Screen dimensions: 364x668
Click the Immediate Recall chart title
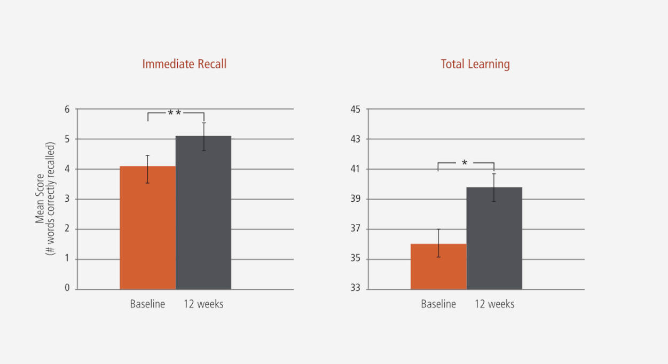coord(184,64)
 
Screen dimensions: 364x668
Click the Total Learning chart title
coord(475,64)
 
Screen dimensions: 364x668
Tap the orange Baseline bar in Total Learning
coord(438,266)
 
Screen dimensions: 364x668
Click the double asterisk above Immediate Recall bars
coord(175,113)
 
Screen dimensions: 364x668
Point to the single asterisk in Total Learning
coord(465,163)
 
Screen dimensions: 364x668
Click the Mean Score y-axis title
coord(45,199)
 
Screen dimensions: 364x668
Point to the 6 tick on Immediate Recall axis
coord(67,109)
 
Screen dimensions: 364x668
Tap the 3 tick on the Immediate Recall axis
coord(67,199)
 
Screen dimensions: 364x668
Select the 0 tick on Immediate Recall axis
coord(67,289)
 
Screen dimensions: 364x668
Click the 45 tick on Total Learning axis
coord(356,109)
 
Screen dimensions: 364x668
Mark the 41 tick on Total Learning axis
coord(356,169)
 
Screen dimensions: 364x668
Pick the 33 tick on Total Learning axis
coord(356,289)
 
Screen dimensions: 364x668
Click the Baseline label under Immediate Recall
coord(147,304)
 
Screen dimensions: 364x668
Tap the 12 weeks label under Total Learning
coord(494,304)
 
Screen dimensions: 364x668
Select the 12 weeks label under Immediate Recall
coord(203,304)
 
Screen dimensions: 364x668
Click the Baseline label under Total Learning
coord(438,304)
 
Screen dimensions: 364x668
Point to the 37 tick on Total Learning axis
coord(356,229)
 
